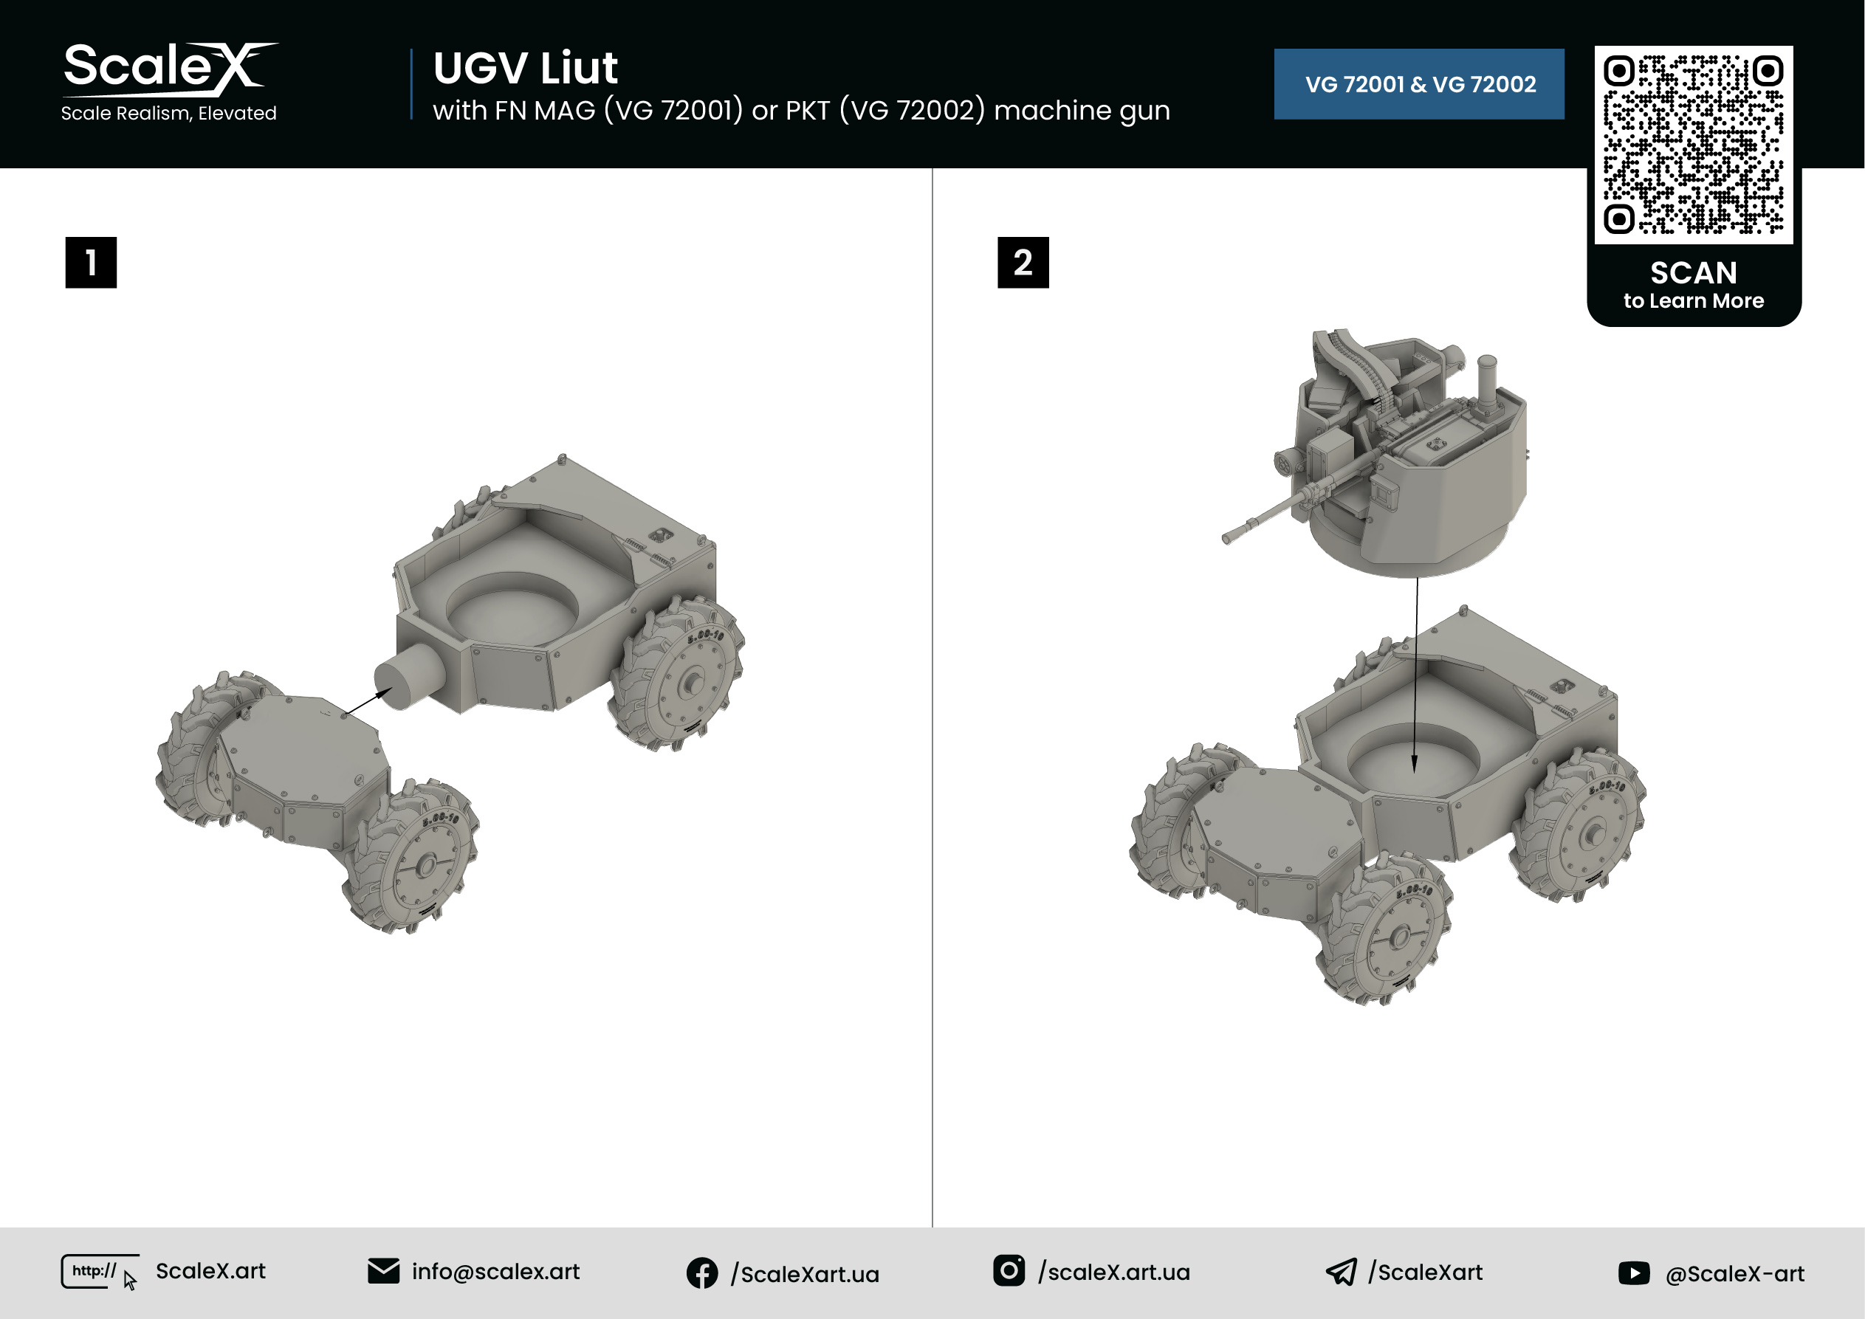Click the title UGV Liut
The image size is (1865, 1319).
point(526,67)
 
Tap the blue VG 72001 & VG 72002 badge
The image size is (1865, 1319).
point(1418,84)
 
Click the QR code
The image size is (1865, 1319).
point(1694,145)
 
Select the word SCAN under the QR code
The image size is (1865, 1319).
point(1694,273)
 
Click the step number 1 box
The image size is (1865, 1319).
point(91,262)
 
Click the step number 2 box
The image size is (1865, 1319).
point(1023,262)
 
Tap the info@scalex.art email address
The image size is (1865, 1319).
point(495,1272)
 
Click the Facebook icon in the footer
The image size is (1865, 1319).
point(702,1272)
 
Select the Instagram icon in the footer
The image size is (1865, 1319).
point(1009,1270)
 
